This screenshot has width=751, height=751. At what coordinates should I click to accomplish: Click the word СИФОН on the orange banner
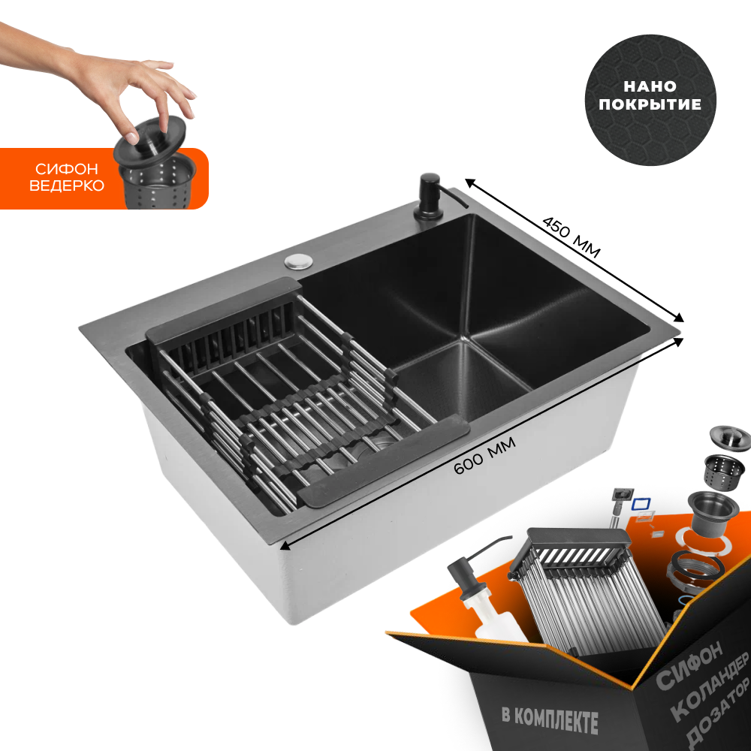[x=66, y=168]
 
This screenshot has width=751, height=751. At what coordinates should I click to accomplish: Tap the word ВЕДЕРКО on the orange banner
[x=67, y=185]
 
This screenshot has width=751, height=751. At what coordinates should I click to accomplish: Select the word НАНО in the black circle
[x=650, y=86]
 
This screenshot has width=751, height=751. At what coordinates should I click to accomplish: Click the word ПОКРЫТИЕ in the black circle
[x=650, y=104]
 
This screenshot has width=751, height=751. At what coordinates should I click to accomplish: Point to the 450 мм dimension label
[x=571, y=237]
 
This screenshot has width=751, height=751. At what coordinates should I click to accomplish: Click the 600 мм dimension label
[x=484, y=456]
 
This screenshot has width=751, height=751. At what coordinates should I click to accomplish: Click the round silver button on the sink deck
[x=299, y=261]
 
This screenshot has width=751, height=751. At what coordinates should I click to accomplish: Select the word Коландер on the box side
[x=710, y=686]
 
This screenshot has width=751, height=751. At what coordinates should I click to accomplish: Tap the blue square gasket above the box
[x=641, y=504]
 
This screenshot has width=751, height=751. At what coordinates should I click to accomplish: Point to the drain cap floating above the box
[x=730, y=439]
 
